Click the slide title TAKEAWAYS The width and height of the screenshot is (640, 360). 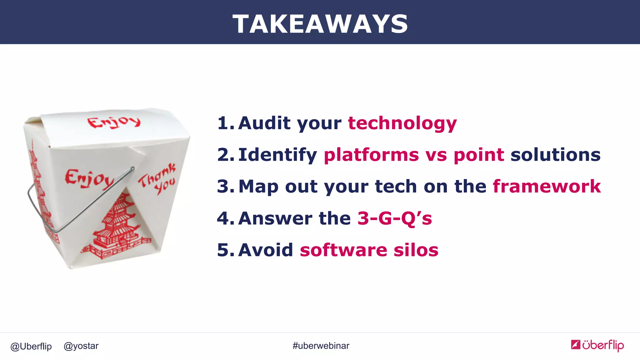coord(320,24)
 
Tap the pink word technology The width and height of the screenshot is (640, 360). coord(402,123)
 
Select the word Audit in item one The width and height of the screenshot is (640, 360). coord(264,123)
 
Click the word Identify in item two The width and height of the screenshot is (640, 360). coord(277,155)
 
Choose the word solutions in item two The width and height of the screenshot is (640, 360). coord(555,155)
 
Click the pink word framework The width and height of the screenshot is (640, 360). coord(547,186)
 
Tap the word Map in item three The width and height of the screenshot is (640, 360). coord(258,187)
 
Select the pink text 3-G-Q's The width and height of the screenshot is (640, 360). coord(394,218)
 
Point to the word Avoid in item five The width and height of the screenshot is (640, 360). coord(266,250)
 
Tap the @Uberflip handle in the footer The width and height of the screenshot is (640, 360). coord(31,346)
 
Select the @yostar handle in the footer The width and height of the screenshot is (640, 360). coord(81,346)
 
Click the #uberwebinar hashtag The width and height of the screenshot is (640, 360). coord(321,346)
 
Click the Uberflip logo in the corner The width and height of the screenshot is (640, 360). coord(597,345)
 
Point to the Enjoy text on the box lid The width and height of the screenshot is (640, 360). coord(114,122)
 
